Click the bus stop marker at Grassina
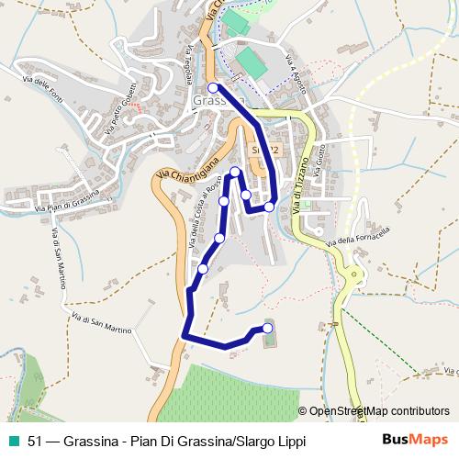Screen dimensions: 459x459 click(x=213, y=88)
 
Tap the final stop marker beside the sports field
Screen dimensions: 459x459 click(x=268, y=328)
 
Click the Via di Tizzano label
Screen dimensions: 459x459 click(x=300, y=184)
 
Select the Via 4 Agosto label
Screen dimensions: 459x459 click(x=296, y=77)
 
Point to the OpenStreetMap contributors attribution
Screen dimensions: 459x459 click(x=379, y=412)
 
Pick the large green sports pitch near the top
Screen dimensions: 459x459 click(x=248, y=62)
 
